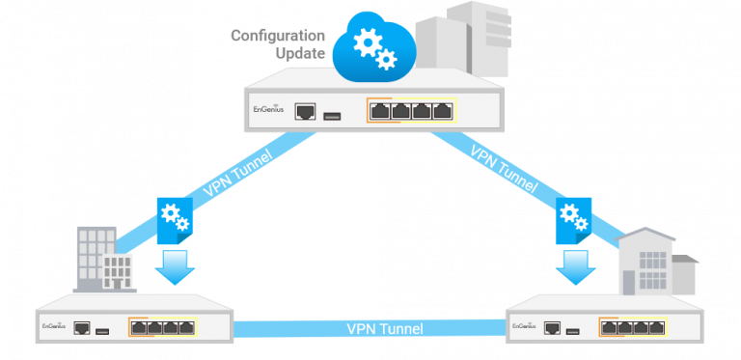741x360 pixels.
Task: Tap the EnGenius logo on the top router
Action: point(267,111)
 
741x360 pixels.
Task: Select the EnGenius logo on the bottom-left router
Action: point(52,328)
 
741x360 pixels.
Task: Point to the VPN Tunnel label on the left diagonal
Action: point(237,174)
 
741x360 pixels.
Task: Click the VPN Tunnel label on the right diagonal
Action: point(502,167)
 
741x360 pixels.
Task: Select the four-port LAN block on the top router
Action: point(410,111)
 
